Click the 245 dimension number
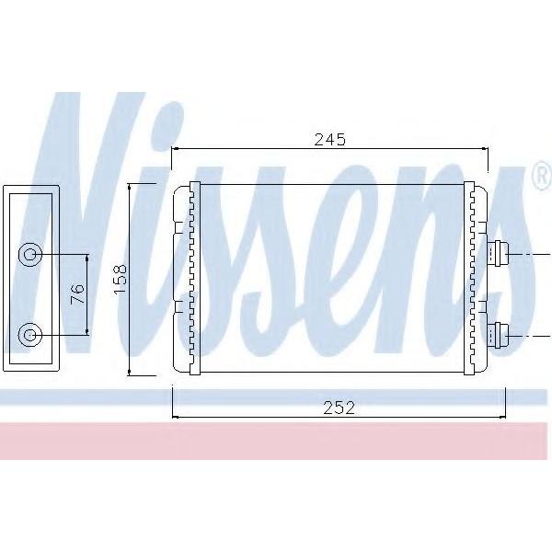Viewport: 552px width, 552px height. click(x=330, y=140)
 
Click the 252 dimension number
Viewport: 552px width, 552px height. click(x=339, y=408)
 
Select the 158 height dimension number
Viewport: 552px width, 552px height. click(x=121, y=279)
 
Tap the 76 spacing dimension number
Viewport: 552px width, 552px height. click(x=77, y=294)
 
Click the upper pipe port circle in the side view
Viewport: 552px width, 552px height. click(x=30, y=254)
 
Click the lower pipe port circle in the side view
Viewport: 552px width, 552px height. click(x=30, y=335)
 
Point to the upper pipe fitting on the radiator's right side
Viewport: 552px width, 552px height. click(x=497, y=254)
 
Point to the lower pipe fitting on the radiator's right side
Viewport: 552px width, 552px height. click(x=497, y=335)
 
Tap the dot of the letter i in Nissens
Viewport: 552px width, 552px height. click(x=168, y=121)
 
